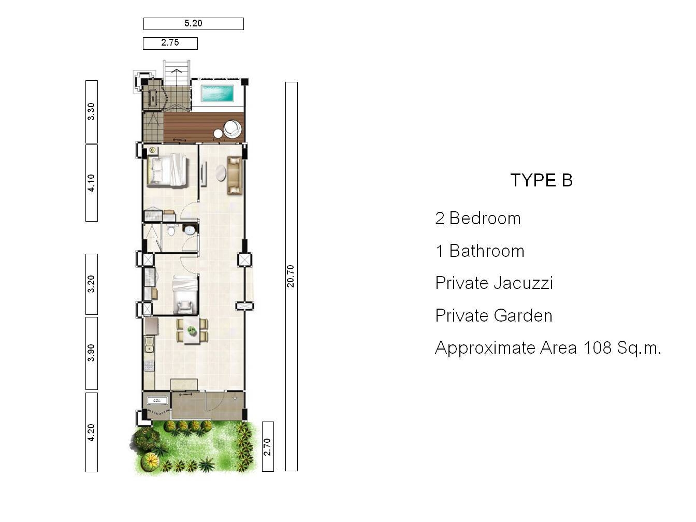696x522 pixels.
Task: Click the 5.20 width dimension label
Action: coord(193,23)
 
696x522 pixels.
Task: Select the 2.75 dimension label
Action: coord(170,42)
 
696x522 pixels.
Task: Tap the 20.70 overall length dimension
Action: coord(291,276)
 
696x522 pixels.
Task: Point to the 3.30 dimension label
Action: coord(91,111)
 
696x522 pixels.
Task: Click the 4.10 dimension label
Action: coord(91,183)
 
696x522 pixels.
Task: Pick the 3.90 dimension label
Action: coord(91,353)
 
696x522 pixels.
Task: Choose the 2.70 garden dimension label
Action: coord(268,447)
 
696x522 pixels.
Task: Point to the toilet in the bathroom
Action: coord(171,230)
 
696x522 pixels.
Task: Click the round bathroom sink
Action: coord(190,230)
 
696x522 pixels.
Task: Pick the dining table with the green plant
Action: coord(192,331)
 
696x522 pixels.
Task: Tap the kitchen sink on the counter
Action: coord(149,345)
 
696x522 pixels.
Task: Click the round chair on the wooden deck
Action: coord(233,128)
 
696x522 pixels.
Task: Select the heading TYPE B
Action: coord(542,180)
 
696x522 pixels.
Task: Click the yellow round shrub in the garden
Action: coord(151,460)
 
